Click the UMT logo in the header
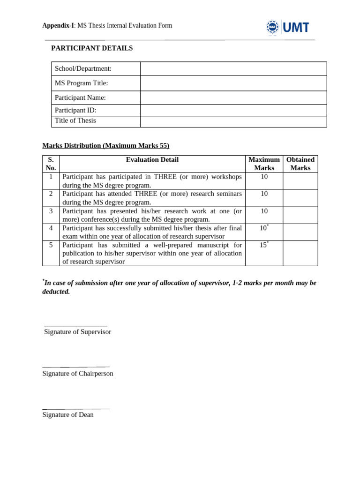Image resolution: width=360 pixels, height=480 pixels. [x=288, y=28]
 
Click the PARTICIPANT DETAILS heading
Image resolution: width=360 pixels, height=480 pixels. [x=92, y=48]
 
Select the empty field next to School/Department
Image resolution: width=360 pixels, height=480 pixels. [x=233, y=68]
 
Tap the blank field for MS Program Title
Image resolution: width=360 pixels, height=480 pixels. [x=233, y=83]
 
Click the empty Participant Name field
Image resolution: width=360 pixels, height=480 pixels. [x=233, y=97]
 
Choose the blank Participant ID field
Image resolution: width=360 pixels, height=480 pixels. [x=233, y=110]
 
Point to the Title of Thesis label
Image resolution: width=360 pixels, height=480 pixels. [x=75, y=120]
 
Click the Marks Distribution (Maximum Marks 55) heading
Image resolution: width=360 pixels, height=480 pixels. [x=105, y=146]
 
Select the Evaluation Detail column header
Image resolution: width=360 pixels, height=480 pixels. [x=152, y=160]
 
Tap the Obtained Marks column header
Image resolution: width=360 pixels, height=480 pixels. [x=300, y=164]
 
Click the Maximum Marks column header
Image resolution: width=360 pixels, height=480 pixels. [x=264, y=164]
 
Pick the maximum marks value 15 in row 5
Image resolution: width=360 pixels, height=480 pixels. [x=263, y=245]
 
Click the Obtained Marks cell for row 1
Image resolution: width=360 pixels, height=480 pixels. [x=300, y=181]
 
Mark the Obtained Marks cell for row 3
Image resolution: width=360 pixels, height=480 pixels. [x=300, y=215]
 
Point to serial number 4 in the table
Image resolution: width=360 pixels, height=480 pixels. [x=51, y=228]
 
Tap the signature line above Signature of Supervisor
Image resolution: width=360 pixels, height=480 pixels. [x=75, y=325]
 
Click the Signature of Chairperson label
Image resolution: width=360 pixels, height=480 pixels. [x=78, y=374]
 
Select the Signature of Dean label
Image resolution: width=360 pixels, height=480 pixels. [x=68, y=415]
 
